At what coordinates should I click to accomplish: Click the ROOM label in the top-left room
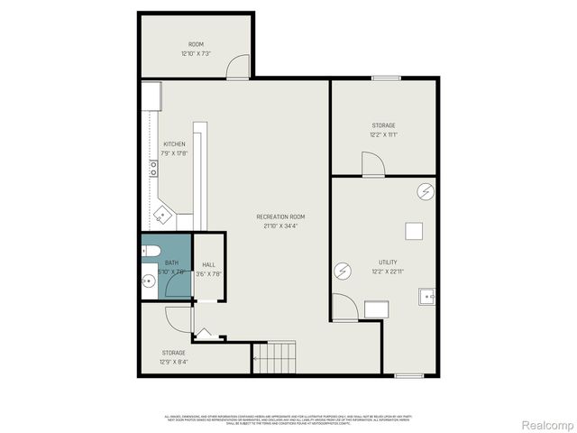(196, 44)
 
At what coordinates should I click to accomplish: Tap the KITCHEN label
(174, 144)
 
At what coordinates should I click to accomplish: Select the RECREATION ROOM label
(280, 216)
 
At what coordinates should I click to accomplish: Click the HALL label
(208, 264)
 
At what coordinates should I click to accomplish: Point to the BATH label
(171, 262)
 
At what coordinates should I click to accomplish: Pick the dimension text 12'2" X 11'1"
(383, 135)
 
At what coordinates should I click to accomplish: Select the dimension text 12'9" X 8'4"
(174, 362)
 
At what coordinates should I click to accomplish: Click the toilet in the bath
(151, 250)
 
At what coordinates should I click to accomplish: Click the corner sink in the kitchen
(162, 214)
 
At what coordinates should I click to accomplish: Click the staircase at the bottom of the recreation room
(274, 357)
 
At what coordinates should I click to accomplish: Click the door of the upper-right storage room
(373, 164)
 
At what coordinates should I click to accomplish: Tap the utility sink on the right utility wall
(427, 295)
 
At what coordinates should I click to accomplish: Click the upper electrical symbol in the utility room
(426, 190)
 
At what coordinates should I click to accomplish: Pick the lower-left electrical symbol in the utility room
(343, 270)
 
